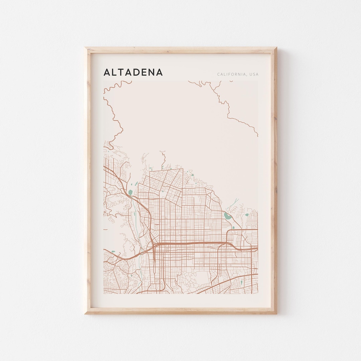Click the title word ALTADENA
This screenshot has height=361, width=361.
tap(133, 72)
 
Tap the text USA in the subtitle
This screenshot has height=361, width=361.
tap(254, 75)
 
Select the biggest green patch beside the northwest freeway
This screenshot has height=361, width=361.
tap(130, 193)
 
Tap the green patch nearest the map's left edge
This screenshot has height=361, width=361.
tap(113, 252)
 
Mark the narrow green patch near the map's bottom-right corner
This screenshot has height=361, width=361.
tap(242, 283)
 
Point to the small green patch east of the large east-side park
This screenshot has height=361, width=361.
tap(247, 215)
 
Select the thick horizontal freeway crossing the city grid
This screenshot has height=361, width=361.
tap(191, 244)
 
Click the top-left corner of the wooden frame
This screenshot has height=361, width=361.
tap(85, 48)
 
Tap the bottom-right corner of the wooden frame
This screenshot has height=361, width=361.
tap(276, 313)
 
